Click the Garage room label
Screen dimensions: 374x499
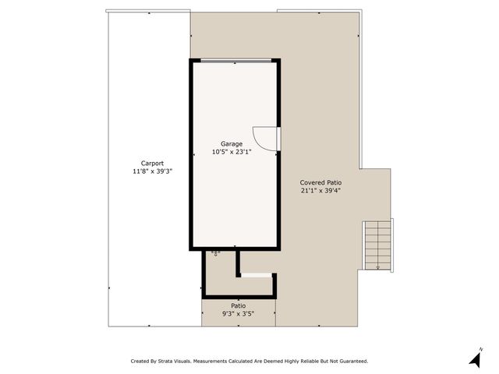pyautogui.click(x=231, y=143)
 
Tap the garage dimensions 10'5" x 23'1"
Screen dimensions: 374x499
pyautogui.click(x=232, y=152)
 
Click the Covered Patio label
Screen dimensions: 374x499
pyautogui.click(x=320, y=182)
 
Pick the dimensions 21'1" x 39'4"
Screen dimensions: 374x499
pyautogui.click(x=320, y=189)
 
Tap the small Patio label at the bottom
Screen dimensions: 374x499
pyautogui.click(x=238, y=305)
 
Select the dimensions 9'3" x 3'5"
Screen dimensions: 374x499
pyautogui.click(x=238, y=314)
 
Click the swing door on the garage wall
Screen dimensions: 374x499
pyautogui.click(x=267, y=139)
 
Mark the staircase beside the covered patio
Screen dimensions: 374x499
pyautogui.click(x=378, y=243)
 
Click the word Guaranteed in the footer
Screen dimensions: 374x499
pyautogui.click(x=352, y=361)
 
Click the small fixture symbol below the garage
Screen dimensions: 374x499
pyautogui.click(x=216, y=253)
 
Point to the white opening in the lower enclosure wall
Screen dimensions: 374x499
pyautogui.click(x=256, y=274)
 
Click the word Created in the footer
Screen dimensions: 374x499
pyautogui.click(x=140, y=361)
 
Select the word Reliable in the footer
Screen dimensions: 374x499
pyautogui.click(x=306, y=361)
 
